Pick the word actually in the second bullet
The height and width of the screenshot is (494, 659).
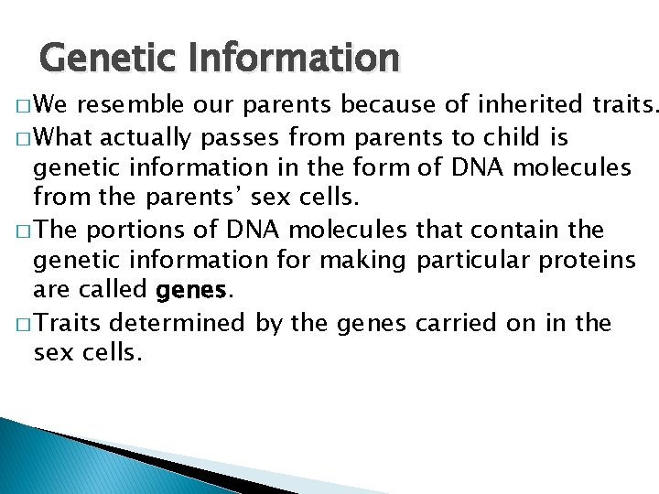pyautogui.click(x=144, y=138)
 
